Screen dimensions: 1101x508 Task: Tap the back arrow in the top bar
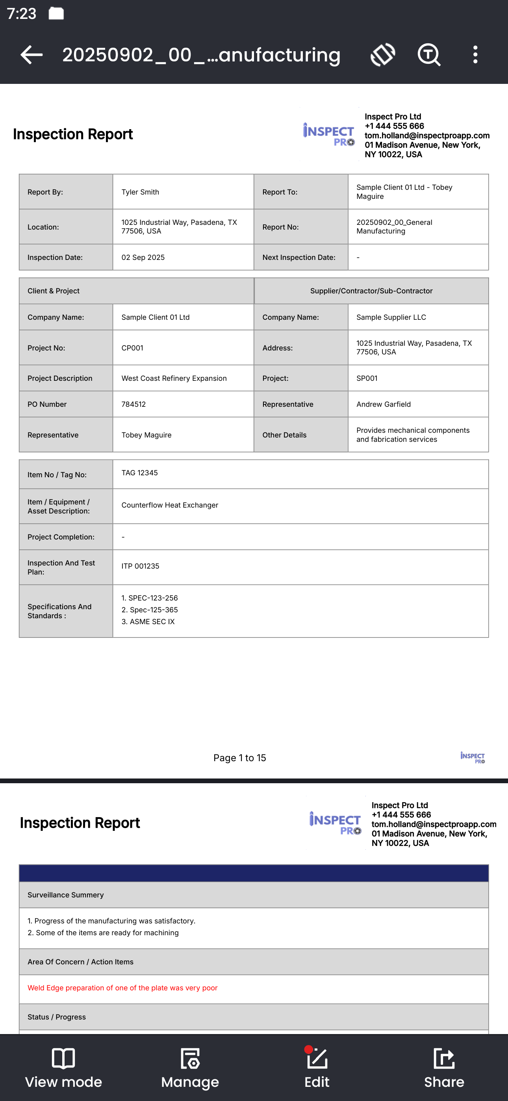click(x=32, y=55)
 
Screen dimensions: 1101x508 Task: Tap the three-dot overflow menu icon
click(x=475, y=55)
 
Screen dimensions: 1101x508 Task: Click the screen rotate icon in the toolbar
click(x=383, y=55)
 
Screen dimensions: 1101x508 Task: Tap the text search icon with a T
click(x=428, y=55)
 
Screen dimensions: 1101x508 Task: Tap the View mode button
click(x=63, y=1068)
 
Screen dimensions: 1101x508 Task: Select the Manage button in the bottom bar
click(x=190, y=1068)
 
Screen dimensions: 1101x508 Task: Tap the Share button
click(x=444, y=1068)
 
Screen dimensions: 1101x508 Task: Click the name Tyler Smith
click(x=140, y=192)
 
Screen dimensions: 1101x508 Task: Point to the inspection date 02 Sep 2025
click(x=143, y=257)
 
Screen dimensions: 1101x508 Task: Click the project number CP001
click(x=132, y=348)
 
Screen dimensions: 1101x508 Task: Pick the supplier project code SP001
click(x=367, y=378)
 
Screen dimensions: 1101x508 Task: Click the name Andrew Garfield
click(x=384, y=404)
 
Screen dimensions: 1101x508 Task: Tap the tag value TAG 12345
click(x=139, y=473)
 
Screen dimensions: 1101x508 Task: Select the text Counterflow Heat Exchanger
click(x=170, y=505)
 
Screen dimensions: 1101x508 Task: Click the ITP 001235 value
click(x=140, y=566)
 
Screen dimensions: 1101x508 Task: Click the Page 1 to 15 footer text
click(x=239, y=758)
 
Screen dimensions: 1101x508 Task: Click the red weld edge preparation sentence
click(x=122, y=988)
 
